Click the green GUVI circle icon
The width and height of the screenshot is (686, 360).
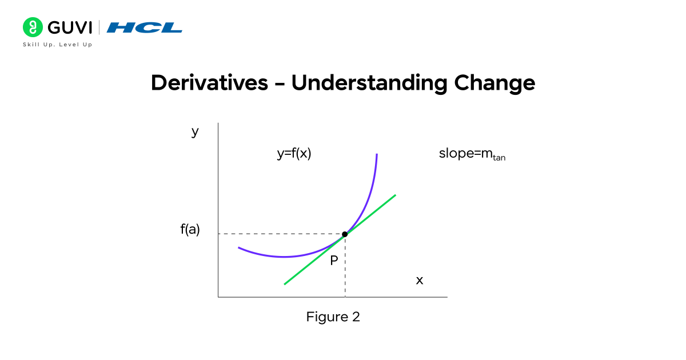coord(32,27)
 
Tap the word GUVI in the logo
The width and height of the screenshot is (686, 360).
coord(68,27)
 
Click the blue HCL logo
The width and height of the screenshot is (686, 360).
coord(145,27)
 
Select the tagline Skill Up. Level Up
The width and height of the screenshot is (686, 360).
coord(57,45)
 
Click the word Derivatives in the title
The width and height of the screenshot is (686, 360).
coord(209,83)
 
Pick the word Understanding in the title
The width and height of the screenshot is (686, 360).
coord(369,83)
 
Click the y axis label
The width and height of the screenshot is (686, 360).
coord(195,132)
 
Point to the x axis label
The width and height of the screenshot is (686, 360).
coord(420,281)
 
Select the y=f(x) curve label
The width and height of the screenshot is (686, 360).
coord(294,153)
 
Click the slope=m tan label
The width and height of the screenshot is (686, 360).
coord(472,154)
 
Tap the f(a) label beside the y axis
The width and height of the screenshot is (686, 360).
coord(190,230)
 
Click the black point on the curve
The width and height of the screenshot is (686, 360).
coord(345,234)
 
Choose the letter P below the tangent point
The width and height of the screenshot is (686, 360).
coord(334,261)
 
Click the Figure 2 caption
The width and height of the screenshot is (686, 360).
coord(333,317)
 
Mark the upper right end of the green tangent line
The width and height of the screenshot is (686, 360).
coord(395,195)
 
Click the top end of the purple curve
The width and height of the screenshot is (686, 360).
coord(377,155)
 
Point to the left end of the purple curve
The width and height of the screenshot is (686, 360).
coord(239,247)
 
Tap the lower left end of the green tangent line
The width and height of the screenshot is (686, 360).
coord(285,283)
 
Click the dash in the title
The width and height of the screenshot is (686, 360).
coord(280,85)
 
